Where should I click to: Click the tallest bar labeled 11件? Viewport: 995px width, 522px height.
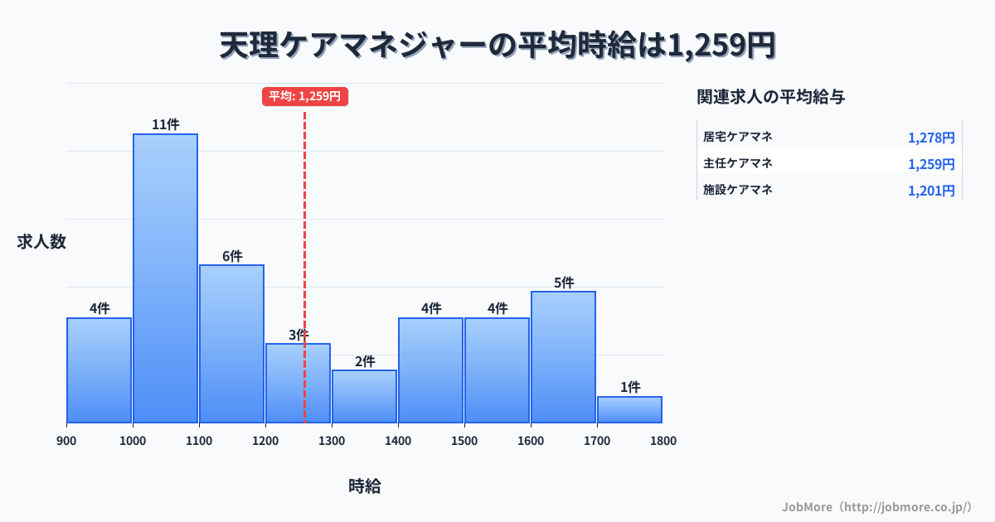(x=166, y=278)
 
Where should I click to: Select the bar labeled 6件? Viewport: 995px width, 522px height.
(x=232, y=344)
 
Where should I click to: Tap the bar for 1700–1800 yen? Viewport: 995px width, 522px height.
(x=630, y=409)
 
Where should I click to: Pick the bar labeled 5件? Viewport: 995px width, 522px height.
(x=564, y=357)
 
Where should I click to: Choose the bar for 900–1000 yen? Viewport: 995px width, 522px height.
(x=99, y=370)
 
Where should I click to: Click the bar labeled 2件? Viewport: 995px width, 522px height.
(x=365, y=396)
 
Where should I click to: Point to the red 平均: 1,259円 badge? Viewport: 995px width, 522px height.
(x=305, y=96)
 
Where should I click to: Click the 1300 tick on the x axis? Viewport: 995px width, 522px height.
(x=332, y=441)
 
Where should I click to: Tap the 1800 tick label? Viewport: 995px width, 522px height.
(x=663, y=441)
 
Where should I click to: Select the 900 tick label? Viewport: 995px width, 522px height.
(x=66, y=441)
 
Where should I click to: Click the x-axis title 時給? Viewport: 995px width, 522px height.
(x=365, y=486)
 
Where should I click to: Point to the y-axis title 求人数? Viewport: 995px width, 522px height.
(x=41, y=242)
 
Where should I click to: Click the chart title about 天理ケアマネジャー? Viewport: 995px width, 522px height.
(x=498, y=46)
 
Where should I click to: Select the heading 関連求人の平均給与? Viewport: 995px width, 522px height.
(x=771, y=97)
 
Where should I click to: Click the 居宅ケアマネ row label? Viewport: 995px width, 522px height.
(x=738, y=137)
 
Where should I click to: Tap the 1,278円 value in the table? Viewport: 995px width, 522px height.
(x=931, y=138)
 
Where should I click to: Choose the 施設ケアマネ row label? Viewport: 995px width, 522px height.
(x=738, y=190)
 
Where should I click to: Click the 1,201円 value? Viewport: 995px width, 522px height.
(x=931, y=191)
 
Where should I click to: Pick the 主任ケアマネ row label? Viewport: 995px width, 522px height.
(x=738, y=163)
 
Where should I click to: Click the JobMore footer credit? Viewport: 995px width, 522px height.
(x=876, y=506)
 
